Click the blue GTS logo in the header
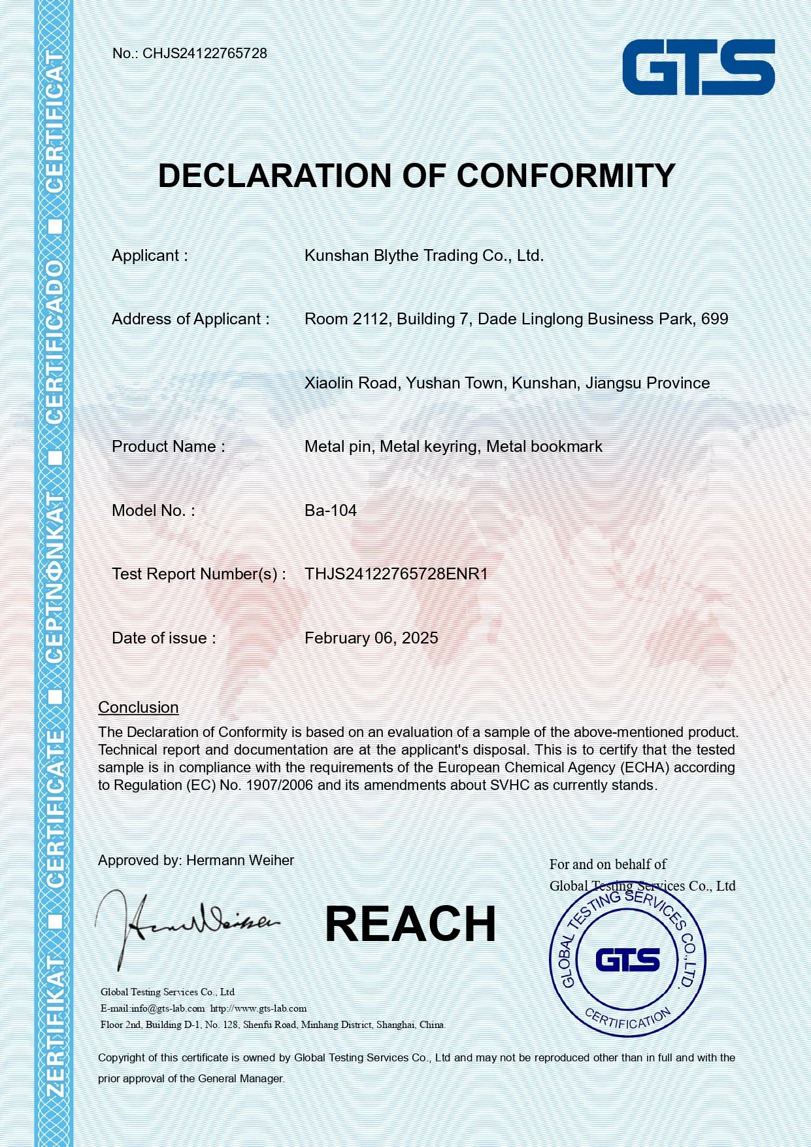click(698, 67)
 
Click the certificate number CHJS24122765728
click(205, 54)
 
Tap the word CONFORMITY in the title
click(566, 176)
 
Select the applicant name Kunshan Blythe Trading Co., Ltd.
click(424, 256)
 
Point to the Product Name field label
click(168, 447)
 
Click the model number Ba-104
click(331, 511)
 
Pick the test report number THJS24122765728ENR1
click(396, 574)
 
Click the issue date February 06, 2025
click(371, 638)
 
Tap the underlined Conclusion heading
click(138, 708)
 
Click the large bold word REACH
click(410, 924)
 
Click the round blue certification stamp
click(627, 960)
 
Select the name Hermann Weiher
click(240, 861)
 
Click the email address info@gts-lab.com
click(168, 1008)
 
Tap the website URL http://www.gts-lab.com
click(258, 1008)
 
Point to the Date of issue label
click(163, 638)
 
